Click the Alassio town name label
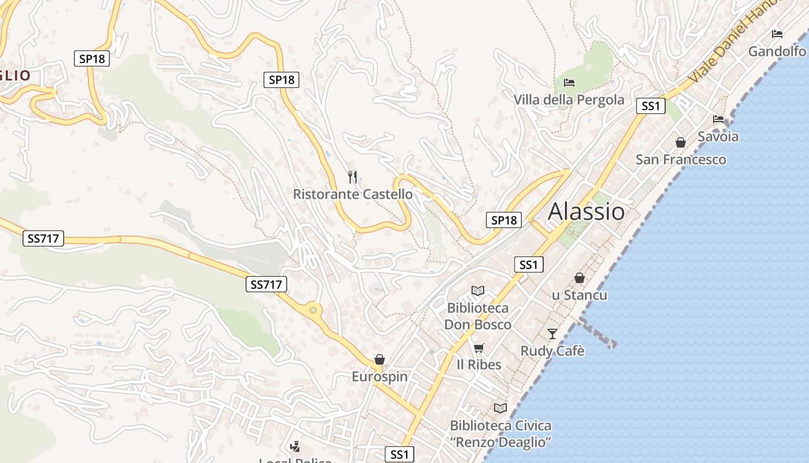coord(586,212)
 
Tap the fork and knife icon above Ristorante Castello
coord(352,177)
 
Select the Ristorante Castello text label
coord(352,194)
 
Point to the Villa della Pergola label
coord(569,100)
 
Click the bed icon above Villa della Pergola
coord(569,83)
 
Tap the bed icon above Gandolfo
coord(777,34)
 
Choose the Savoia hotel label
coord(718,137)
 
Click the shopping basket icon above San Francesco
coord(681,142)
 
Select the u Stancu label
coord(579,295)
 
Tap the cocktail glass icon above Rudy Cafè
coord(552,333)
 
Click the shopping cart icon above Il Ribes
coord(478,348)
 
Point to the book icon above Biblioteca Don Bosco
coord(478,291)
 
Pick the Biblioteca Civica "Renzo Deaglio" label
coord(500,433)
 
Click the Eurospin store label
coord(380,377)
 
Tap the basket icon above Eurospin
coord(380,359)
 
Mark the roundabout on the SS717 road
coord(313,311)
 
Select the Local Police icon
coord(295,446)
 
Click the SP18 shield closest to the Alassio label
coord(504,220)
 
